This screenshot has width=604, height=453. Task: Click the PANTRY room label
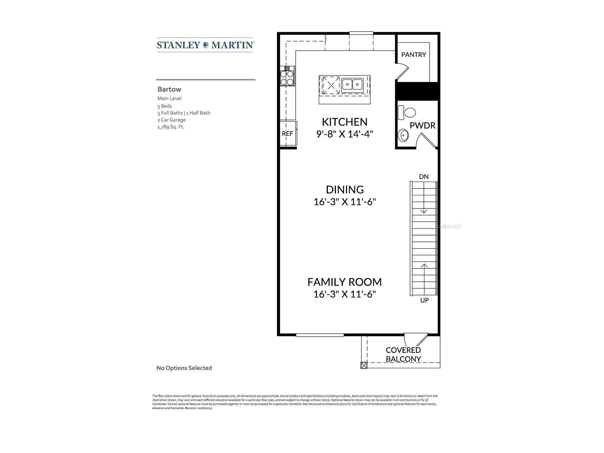pos(413,55)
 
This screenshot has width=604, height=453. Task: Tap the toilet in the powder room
pos(407,112)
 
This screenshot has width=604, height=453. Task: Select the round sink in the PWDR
pos(403,135)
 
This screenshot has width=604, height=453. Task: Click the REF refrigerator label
pos(287,134)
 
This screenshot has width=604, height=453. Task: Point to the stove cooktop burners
pos(287,78)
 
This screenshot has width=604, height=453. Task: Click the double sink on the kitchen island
pos(352,85)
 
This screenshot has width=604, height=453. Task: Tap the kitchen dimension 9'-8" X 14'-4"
pos(345,134)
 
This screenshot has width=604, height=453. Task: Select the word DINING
pos(345,190)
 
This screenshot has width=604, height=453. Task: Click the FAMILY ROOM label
pos(344,282)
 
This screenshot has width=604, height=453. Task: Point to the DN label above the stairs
pos(424,177)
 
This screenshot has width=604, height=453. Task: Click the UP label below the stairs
pos(424,300)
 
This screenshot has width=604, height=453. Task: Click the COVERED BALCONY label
pos(403,355)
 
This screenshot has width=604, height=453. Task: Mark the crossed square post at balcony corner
pos(364,366)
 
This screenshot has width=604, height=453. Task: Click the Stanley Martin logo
pos(205,45)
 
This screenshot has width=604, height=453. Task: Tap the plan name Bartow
pos(169,89)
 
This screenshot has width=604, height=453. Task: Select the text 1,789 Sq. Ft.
pos(171,127)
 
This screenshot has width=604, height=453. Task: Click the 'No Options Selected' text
pos(184,368)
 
